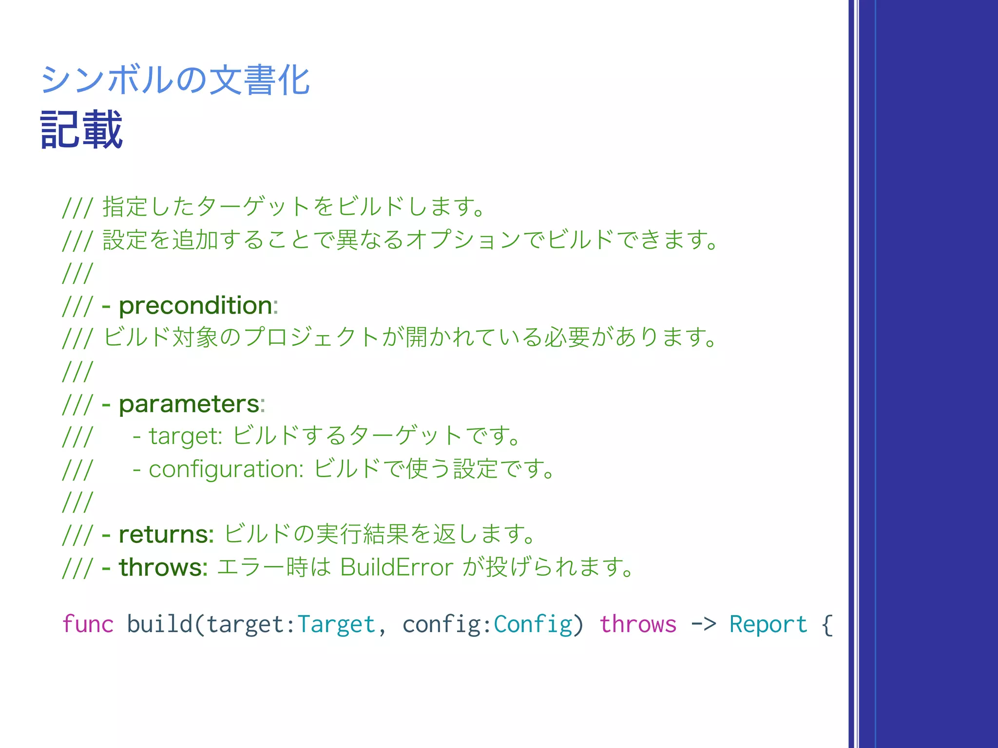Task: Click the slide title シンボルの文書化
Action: coord(175,80)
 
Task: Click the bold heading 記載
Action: coord(81,130)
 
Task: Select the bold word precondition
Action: coord(195,306)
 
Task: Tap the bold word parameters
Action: coord(189,404)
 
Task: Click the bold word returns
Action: coord(166,535)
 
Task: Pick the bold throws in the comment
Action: coord(163,567)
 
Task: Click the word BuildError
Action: coord(397,567)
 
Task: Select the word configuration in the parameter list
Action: coord(225,469)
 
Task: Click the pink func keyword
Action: coord(88,624)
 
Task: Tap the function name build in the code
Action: coord(159,624)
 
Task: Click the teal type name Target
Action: coord(336,624)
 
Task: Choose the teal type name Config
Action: coord(533,624)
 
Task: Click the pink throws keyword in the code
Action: coord(638,624)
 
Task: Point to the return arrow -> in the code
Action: coord(703,624)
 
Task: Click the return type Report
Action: coord(768,624)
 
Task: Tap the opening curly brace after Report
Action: coord(827,624)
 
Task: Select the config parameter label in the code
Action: coord(441,624)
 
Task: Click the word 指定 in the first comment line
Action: coord(125,206)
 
